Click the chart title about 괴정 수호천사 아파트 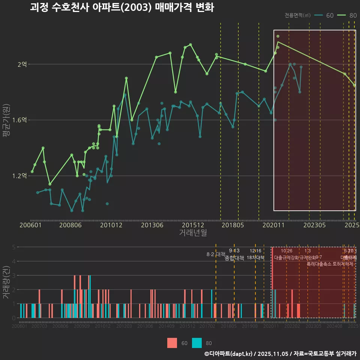click(122, 7)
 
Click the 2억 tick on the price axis click(22, 64)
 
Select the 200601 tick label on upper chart click(30, 225)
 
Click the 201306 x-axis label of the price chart click(152, 225)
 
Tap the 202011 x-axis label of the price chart click(273, 225)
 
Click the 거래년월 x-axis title click(193, 233)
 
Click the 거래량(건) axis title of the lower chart click(6, 282)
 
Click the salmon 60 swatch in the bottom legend click(172, 343)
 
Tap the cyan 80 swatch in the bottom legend click(197, 343)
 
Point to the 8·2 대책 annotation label click(216, 254)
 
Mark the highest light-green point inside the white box click(278, 36)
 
